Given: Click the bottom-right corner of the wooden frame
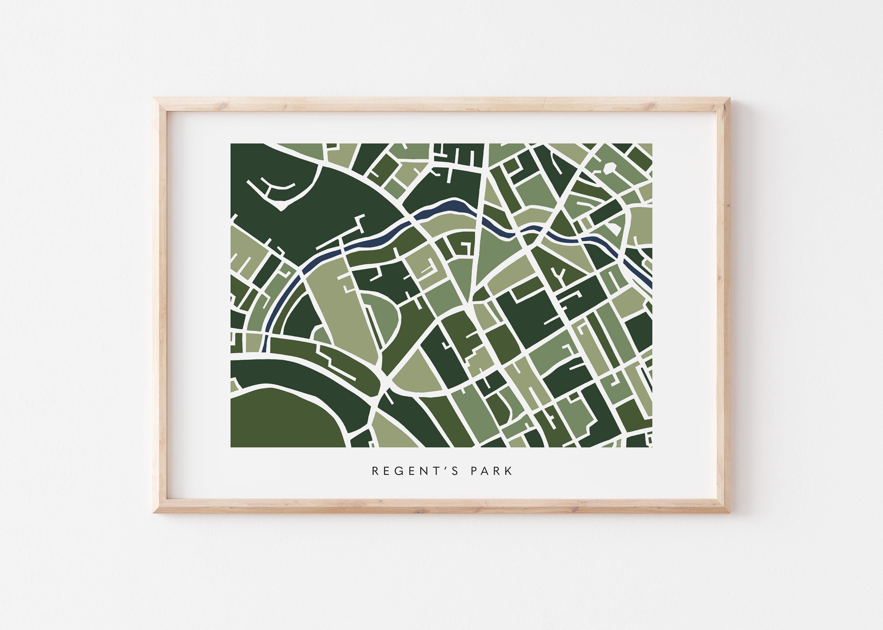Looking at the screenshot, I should (727, 515).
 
